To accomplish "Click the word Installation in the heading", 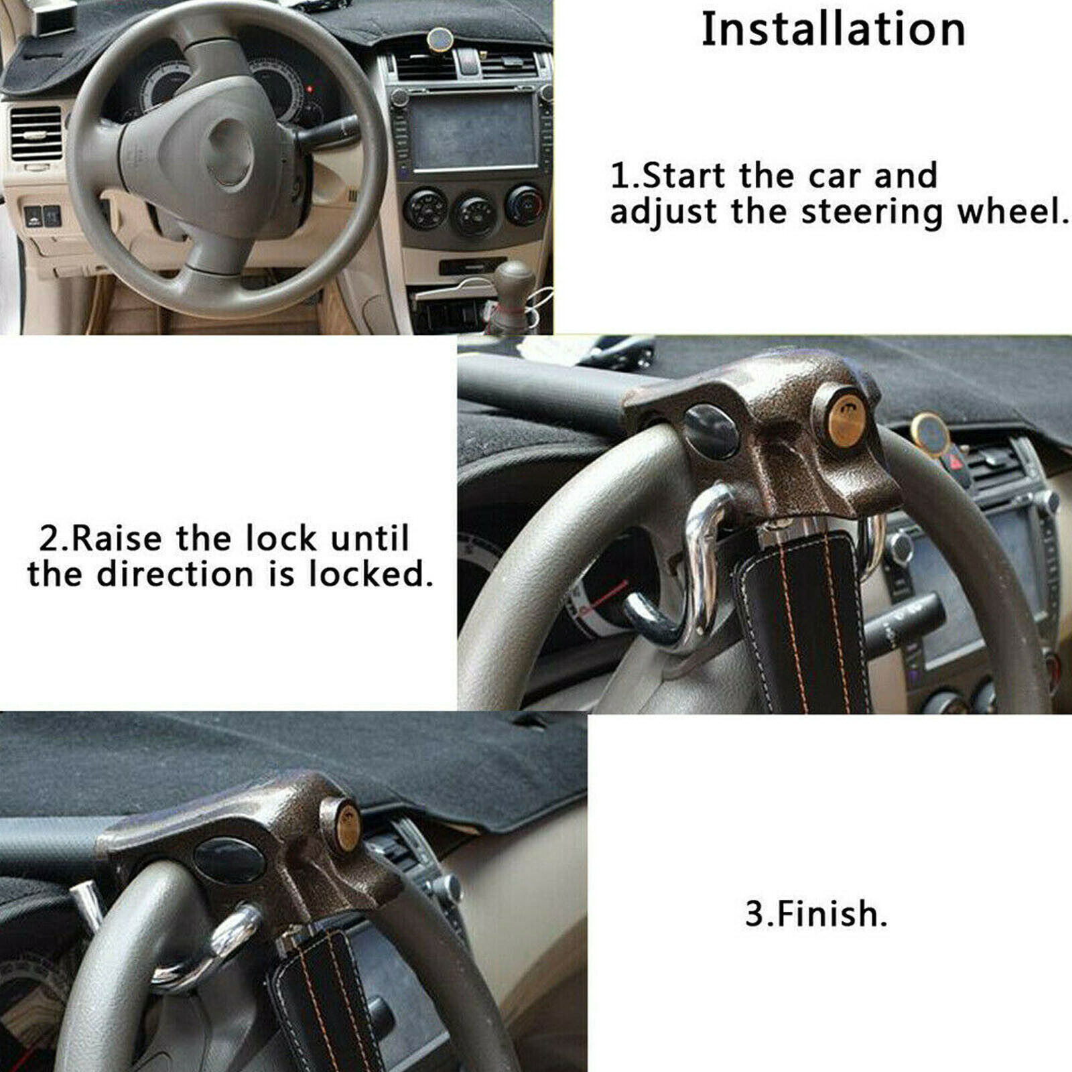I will pos(833,30).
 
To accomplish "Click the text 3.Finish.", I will pos(816,914).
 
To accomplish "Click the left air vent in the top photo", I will pos(36,134).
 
